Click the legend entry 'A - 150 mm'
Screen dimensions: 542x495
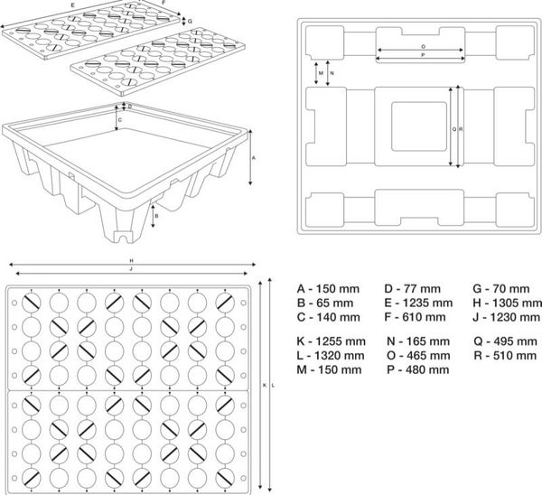tap(328, 289)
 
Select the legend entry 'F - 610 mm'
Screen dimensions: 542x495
tap(415, 317)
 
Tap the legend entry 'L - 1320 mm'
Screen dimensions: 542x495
tap(331, 355)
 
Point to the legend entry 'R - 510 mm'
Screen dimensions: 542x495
tap(505, 355)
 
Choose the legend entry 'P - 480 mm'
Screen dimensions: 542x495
tap(418, 369)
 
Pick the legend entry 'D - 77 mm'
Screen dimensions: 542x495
tap(413, 289)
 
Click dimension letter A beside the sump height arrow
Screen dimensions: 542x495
tap(253, 158)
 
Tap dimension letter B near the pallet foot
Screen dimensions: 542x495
tap(156, 216)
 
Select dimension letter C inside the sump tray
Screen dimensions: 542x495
tap(119, 120)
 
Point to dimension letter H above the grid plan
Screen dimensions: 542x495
tap(131, 260)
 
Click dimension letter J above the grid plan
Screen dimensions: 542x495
tap(131, 268)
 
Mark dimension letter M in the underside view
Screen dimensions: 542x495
tap(321, 73)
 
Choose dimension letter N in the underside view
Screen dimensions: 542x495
tap(332, 73)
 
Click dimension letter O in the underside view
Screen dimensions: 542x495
tap(424, 46)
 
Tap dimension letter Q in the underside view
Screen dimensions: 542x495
tap(454, 129)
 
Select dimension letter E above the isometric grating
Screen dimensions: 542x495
tap(72, 5)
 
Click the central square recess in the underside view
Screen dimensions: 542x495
tap(419, 126)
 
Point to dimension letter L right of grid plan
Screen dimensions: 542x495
tap(273, 385)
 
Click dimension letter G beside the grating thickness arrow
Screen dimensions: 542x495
tap(190, 22)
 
